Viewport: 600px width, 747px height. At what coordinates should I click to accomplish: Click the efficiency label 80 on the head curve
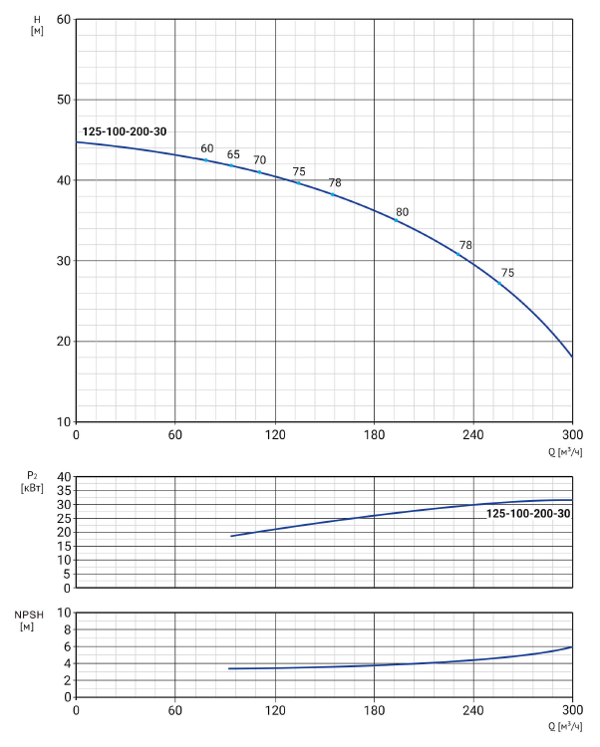(x=402, y=212)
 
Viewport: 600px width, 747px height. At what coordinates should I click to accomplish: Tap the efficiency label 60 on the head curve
(x=207, y=148)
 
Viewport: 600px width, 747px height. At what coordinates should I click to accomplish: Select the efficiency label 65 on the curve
(x=233, y=154)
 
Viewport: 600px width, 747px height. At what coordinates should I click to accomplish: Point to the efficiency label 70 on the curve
(x=259, y=160)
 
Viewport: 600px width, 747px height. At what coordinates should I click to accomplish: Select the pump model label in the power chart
(x=528, y=513)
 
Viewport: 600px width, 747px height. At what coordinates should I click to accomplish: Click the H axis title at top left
(x=37, y=25)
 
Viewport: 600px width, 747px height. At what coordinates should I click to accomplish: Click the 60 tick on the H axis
(x=63, y=19)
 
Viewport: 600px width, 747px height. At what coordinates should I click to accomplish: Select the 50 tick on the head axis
(x=63, y=100)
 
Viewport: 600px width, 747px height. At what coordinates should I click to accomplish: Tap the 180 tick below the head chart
(x=374, y=435)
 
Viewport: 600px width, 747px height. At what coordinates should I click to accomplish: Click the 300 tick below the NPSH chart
(x=572, y=711)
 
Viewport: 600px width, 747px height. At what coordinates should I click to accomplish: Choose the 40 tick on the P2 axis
(x=63, y=477)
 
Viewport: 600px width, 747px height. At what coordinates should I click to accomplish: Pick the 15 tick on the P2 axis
(x=63, y=546)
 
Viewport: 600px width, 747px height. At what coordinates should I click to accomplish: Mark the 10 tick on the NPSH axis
(x=63, y=614)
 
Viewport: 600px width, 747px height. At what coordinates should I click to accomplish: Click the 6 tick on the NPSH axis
(x=66, y=647)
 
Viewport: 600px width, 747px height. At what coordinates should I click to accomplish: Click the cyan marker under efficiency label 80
(x=396, y=220)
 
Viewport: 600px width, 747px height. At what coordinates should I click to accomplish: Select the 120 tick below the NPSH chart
(x=274, y=711)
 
